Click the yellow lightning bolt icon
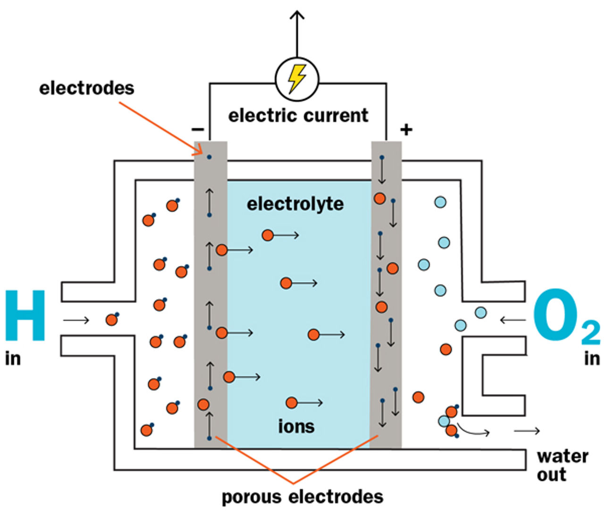(x=297, y=78)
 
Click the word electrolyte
(x=295, y=204)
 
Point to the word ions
(x=296, y=426)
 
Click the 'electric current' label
(x=298, y=115)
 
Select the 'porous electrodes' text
(x=302, y=497)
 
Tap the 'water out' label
(x=562, y=465)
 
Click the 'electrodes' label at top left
(x=86, y=88)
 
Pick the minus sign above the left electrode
(x=197, y=129)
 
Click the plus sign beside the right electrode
(x=406, y=129)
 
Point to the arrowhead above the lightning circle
(x=297, y=15)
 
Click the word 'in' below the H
(x=13, y=358)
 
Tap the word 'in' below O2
(x=592, y=358)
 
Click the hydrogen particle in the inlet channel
(x=112, y=319)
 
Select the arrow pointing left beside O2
(x=512, y=320)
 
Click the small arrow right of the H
(x=76, y=320)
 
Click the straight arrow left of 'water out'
(x=527, y=430)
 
